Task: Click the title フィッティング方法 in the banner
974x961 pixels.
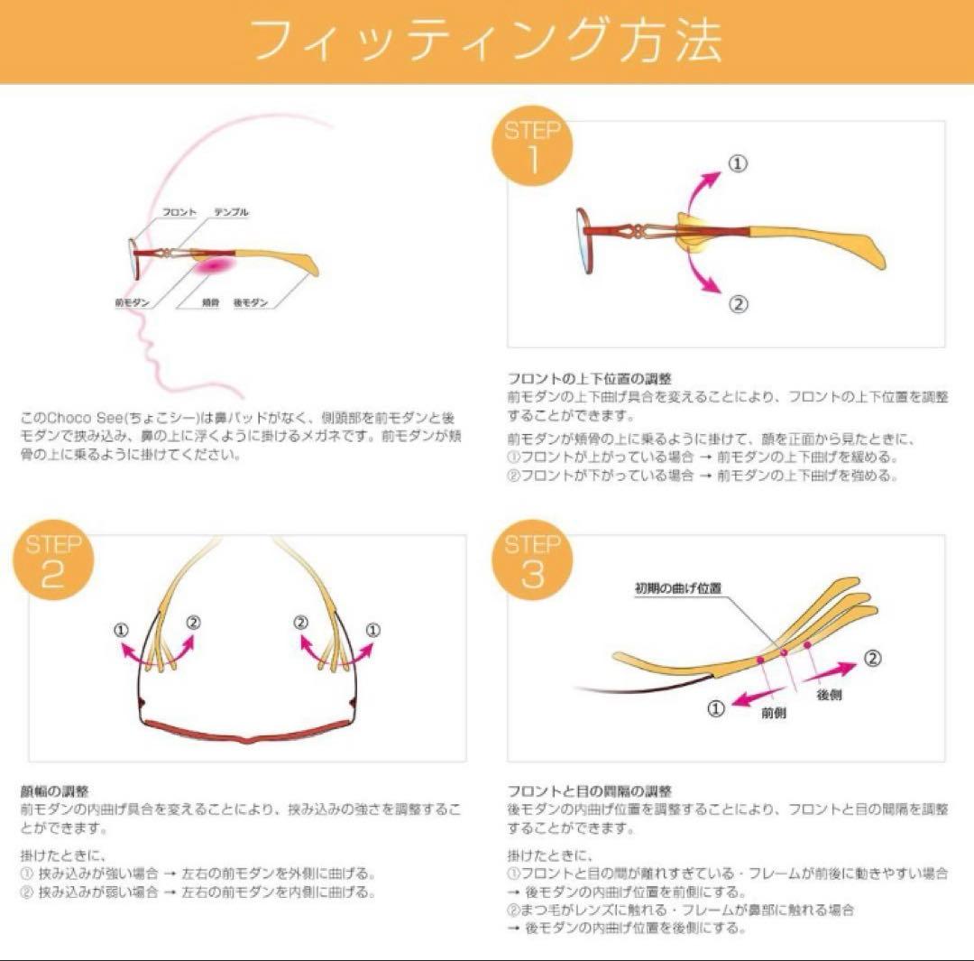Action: tap(486, 41)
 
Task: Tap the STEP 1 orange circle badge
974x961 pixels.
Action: tap(531, 146)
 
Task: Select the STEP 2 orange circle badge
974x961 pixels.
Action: tap(52, 561)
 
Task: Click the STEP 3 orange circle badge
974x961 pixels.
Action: tap(531, 561)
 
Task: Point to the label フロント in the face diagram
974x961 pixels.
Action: tap(179, 212)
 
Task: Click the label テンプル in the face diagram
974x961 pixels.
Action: tap(231, 212)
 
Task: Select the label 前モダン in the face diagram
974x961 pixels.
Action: tap(133, 303)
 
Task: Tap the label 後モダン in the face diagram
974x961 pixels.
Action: tap(250, 303)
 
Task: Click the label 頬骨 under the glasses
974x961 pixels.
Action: tap(209, 303)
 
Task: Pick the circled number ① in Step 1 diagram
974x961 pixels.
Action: tap(738, 163)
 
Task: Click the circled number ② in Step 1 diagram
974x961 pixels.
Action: tap(738, 304)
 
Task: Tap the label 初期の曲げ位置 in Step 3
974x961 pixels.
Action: tap(677, 588)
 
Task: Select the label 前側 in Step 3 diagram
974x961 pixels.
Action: tap(774, 713)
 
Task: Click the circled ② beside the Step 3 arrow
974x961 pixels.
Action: tap(872, 658)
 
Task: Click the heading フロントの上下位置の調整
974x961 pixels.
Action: tap(590, 378)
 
